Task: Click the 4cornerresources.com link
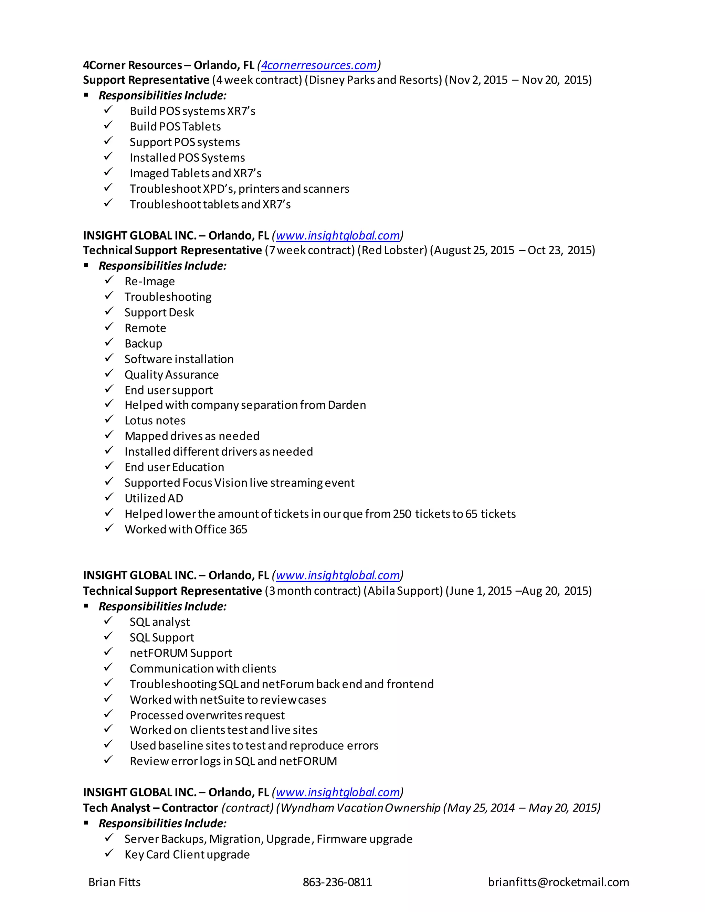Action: coord(319,65)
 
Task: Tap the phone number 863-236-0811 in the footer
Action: coord(337,882)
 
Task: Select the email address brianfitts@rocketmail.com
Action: coord(558,882)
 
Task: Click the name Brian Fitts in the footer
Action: coord(114,882)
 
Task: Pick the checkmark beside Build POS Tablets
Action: coord(108,125)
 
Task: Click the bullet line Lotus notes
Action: coord(155,421)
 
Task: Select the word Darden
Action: coord(347,405)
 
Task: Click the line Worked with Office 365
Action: coord(186,530)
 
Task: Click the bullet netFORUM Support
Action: coord(181,653)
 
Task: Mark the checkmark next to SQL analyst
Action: coord(108,621)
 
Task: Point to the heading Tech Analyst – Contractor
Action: coord(150,808)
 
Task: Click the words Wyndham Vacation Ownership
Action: coord(360,808)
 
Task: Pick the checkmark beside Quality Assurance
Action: coord(109,373)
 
